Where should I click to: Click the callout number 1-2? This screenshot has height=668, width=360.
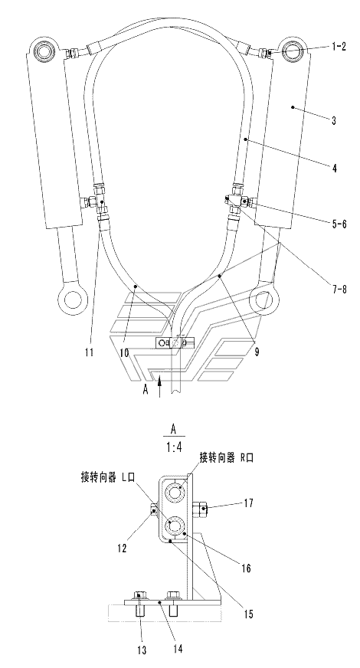[339, 47]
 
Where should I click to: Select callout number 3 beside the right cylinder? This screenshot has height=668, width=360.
[334, 120]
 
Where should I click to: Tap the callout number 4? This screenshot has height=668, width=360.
[335, 169]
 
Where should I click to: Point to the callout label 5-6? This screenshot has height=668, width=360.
[339, 224]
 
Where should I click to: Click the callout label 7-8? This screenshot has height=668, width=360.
[339, 290]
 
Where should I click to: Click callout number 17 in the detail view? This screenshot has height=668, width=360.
[248, 503]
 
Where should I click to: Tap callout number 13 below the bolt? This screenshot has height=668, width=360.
[142, 650]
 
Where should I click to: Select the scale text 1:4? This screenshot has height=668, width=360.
[173, 447]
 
